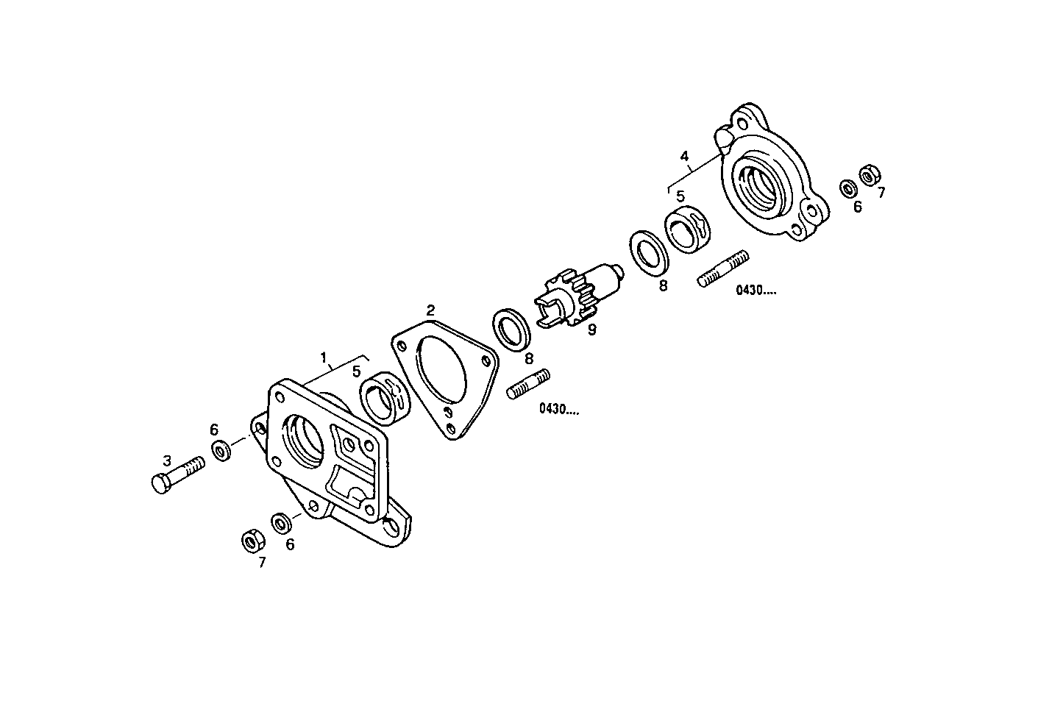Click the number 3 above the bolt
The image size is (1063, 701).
pyautogui.click(x=168, y=460)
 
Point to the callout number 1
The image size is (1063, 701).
pyautogui.click(x=323, y=357)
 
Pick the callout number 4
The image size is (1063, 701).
pyautogui.click(x=685, y=156)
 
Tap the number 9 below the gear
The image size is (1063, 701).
pyautogui.click(x=592, y=330)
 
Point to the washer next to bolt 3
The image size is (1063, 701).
pyautogui.click(x=221, y=450)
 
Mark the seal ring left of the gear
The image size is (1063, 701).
pyautogui.click(x=512, y=328)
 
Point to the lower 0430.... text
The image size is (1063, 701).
pyautogui.click(x=558, y=409)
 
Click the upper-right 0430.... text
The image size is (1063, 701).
pyautogui.click(x=756, y=291)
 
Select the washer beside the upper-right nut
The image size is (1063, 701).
pyautogui.click(x=847, y=189)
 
